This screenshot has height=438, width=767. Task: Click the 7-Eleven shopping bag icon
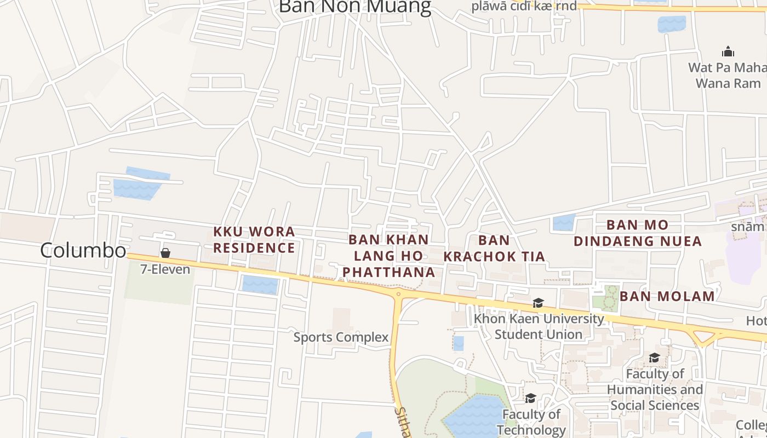tap(165, 252)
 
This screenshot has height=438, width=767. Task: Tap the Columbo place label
tap(83, 250)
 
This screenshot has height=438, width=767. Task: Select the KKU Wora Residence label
tap(254, 240)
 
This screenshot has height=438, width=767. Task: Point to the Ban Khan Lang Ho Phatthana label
tap(389, 256)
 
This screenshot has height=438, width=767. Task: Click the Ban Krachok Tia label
tap(494, 248)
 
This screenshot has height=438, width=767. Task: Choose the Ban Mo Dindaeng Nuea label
tap(638, 233)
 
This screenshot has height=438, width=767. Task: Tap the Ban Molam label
tap(667, 296)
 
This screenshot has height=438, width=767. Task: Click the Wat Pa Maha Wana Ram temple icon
tap(728, 52)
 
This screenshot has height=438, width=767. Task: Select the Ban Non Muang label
tap(355, 7)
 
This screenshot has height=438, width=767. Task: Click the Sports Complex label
tap(341, 337)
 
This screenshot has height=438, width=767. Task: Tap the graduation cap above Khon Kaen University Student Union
tap(538, 303)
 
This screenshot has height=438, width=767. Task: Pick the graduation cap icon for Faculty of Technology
tap(530, 398)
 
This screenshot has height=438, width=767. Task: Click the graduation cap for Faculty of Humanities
tap(654, 358)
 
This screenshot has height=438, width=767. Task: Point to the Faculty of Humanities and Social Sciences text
tap(655, 389)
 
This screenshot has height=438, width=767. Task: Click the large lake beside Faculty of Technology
tap(474, 417)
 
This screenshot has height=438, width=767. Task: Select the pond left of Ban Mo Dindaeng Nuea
tap(563, 222)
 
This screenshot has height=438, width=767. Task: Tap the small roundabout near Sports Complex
tap(398, 294)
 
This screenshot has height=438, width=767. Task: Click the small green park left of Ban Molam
tap(606, 298)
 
